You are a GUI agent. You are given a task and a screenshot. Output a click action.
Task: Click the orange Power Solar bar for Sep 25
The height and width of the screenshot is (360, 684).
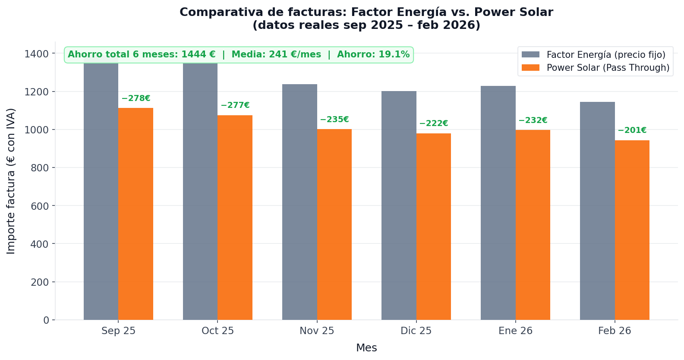(136, 214)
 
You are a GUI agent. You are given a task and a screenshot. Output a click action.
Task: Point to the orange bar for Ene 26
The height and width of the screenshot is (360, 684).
(533, 225)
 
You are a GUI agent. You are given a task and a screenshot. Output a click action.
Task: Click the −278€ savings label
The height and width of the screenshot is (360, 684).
(136, 98)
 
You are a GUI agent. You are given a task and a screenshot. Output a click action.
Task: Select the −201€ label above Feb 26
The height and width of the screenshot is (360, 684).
(632, 130)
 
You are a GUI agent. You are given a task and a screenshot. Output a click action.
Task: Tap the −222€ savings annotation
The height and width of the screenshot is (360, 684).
(433, 123)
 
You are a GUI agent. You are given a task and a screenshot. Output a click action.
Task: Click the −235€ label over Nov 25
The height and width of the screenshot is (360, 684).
(334, 120)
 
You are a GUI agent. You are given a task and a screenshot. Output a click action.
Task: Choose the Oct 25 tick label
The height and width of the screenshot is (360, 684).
(217, 331)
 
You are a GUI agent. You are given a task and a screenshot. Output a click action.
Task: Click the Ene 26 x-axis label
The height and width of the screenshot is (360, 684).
(515, 331)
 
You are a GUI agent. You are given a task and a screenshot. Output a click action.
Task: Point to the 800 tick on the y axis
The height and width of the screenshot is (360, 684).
(40, 168)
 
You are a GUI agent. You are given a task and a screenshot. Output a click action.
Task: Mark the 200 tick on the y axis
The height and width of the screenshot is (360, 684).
(40, 282)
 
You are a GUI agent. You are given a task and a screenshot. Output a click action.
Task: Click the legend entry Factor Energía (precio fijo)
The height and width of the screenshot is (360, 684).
(605, 55)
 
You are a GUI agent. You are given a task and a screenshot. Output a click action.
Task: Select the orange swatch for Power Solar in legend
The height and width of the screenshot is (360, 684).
(530, 68)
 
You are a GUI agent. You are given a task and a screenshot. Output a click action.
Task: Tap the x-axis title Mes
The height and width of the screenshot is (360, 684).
(366, 348)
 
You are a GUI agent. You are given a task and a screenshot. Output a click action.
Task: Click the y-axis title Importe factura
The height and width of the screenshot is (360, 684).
(11, 181)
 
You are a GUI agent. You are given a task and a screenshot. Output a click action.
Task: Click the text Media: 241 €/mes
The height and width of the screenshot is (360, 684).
(276, 55)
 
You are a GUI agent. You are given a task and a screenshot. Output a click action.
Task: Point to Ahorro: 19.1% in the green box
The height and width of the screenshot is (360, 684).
(373, 55)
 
